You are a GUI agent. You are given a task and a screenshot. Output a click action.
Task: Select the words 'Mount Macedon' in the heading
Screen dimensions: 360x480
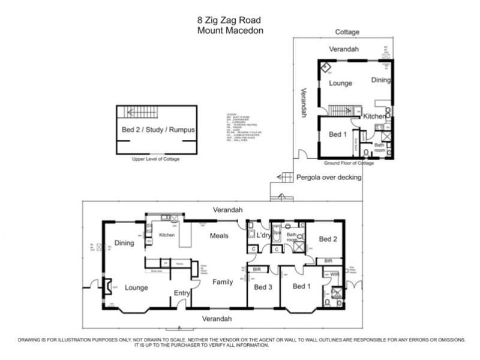(x=230, y=30)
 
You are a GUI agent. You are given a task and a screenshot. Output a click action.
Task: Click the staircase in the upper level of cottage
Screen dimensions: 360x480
(x=139, y=112)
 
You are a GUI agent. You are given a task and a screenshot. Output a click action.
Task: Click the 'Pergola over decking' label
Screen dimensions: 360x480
(x=329, y=177)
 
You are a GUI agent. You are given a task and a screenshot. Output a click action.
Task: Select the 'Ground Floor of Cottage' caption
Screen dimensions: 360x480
(x=349, y=163)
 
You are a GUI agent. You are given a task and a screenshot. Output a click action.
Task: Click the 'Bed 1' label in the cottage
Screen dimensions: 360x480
(x=338, y=134)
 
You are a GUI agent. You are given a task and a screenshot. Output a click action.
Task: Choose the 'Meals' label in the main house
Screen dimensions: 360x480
(x=219, y=236)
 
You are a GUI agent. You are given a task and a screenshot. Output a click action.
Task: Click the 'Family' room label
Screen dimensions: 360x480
(x=223, y=281)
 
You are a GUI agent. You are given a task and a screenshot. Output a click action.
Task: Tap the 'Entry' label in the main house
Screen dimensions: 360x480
(x=182, y=292)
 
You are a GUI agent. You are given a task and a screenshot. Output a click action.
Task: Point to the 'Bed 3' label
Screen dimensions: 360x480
(x=263, y=287)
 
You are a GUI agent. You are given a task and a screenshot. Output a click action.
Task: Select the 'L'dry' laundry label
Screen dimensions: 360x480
(x=264, y=236)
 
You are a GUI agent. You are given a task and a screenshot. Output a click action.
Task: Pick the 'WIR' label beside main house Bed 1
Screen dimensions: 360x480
(x=334, y=274)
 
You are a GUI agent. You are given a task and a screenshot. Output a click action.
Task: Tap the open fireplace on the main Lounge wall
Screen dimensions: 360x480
(x=107, y=287)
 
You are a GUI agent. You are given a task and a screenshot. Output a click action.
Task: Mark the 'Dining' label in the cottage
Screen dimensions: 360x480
(x=380, y=80)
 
